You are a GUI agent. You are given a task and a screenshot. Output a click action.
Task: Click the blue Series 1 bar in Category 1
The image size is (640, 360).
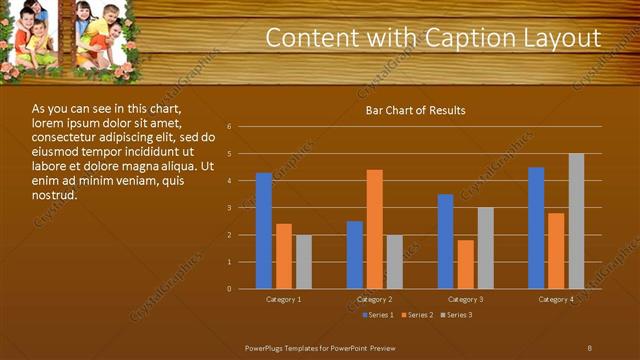264,231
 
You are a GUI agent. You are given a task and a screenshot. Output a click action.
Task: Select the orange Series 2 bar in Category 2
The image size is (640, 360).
374,229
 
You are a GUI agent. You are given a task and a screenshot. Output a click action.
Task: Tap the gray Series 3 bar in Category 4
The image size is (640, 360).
576,221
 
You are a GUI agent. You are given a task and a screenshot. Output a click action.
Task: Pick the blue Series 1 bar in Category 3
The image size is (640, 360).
446,241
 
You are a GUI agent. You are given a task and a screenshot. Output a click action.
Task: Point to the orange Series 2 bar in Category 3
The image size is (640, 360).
465,264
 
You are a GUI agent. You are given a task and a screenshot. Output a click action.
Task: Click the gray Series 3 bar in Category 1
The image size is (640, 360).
303,262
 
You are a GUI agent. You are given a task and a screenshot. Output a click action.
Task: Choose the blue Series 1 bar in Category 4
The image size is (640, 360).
536,228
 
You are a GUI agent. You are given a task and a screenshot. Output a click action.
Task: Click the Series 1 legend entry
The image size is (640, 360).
378,315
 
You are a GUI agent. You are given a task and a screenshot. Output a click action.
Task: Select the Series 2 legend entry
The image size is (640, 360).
419,315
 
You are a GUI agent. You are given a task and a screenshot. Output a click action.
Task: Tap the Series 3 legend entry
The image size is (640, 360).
458,315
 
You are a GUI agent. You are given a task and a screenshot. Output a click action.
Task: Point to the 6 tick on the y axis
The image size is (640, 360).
229,127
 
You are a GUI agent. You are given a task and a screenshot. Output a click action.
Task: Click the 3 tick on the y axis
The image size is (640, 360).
229,208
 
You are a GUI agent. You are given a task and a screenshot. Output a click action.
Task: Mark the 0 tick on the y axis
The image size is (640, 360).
229,289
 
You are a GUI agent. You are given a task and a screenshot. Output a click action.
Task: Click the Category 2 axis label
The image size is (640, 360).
374,300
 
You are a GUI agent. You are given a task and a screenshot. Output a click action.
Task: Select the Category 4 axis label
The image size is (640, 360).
556,300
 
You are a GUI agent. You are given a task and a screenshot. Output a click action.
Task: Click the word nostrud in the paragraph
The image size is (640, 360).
54,195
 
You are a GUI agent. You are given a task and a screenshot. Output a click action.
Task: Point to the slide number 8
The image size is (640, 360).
590,346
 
